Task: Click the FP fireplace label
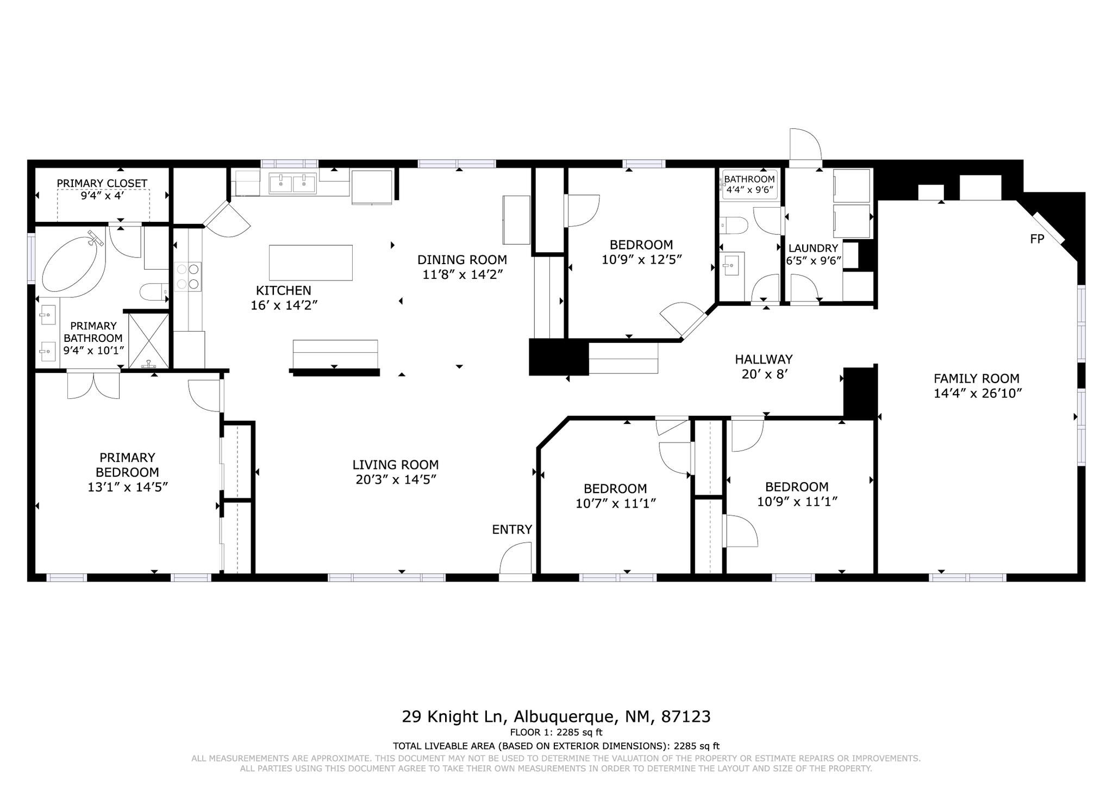coord(1037,239)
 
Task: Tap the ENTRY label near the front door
coord(512,529)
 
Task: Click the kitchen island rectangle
coord(311,263)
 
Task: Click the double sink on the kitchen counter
coord(293,183)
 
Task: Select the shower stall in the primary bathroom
coord(148,341)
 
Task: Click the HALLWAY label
coord(764,359)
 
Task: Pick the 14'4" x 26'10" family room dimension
coord(978,393)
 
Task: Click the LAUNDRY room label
coord(813,248)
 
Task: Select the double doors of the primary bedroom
coord(93,385)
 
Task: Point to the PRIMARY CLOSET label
coord(102,183)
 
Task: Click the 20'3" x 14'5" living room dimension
coord(396,479)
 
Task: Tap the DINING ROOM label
coord(462,260)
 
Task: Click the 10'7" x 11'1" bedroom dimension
coord(616,504)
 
